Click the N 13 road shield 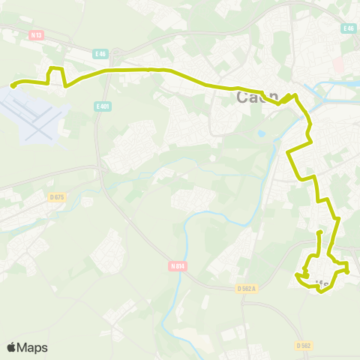pos(35,34)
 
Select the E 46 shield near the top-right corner pos(347,28)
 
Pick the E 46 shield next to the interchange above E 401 pos(101,54)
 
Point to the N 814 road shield pos(177,265)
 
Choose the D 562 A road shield pos(247,288)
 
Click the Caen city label pos(256,97)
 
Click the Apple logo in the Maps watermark pos(12,347)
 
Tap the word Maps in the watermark pos(33,347)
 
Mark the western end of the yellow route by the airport pos(13,86)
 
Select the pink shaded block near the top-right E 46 pos(338,65)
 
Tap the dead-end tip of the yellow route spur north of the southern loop pos(320,233)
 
